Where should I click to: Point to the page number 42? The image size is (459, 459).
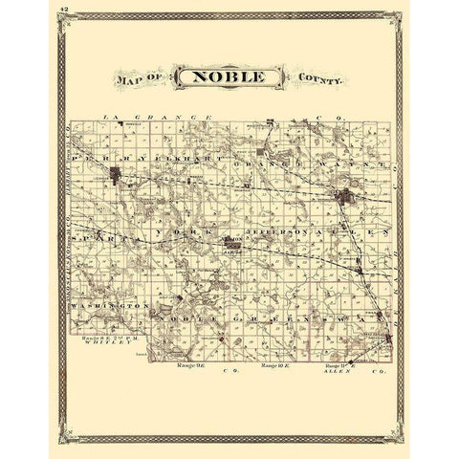(62, 8)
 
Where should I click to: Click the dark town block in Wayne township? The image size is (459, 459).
(344, 199)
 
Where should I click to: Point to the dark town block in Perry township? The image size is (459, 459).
(118, 176)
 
